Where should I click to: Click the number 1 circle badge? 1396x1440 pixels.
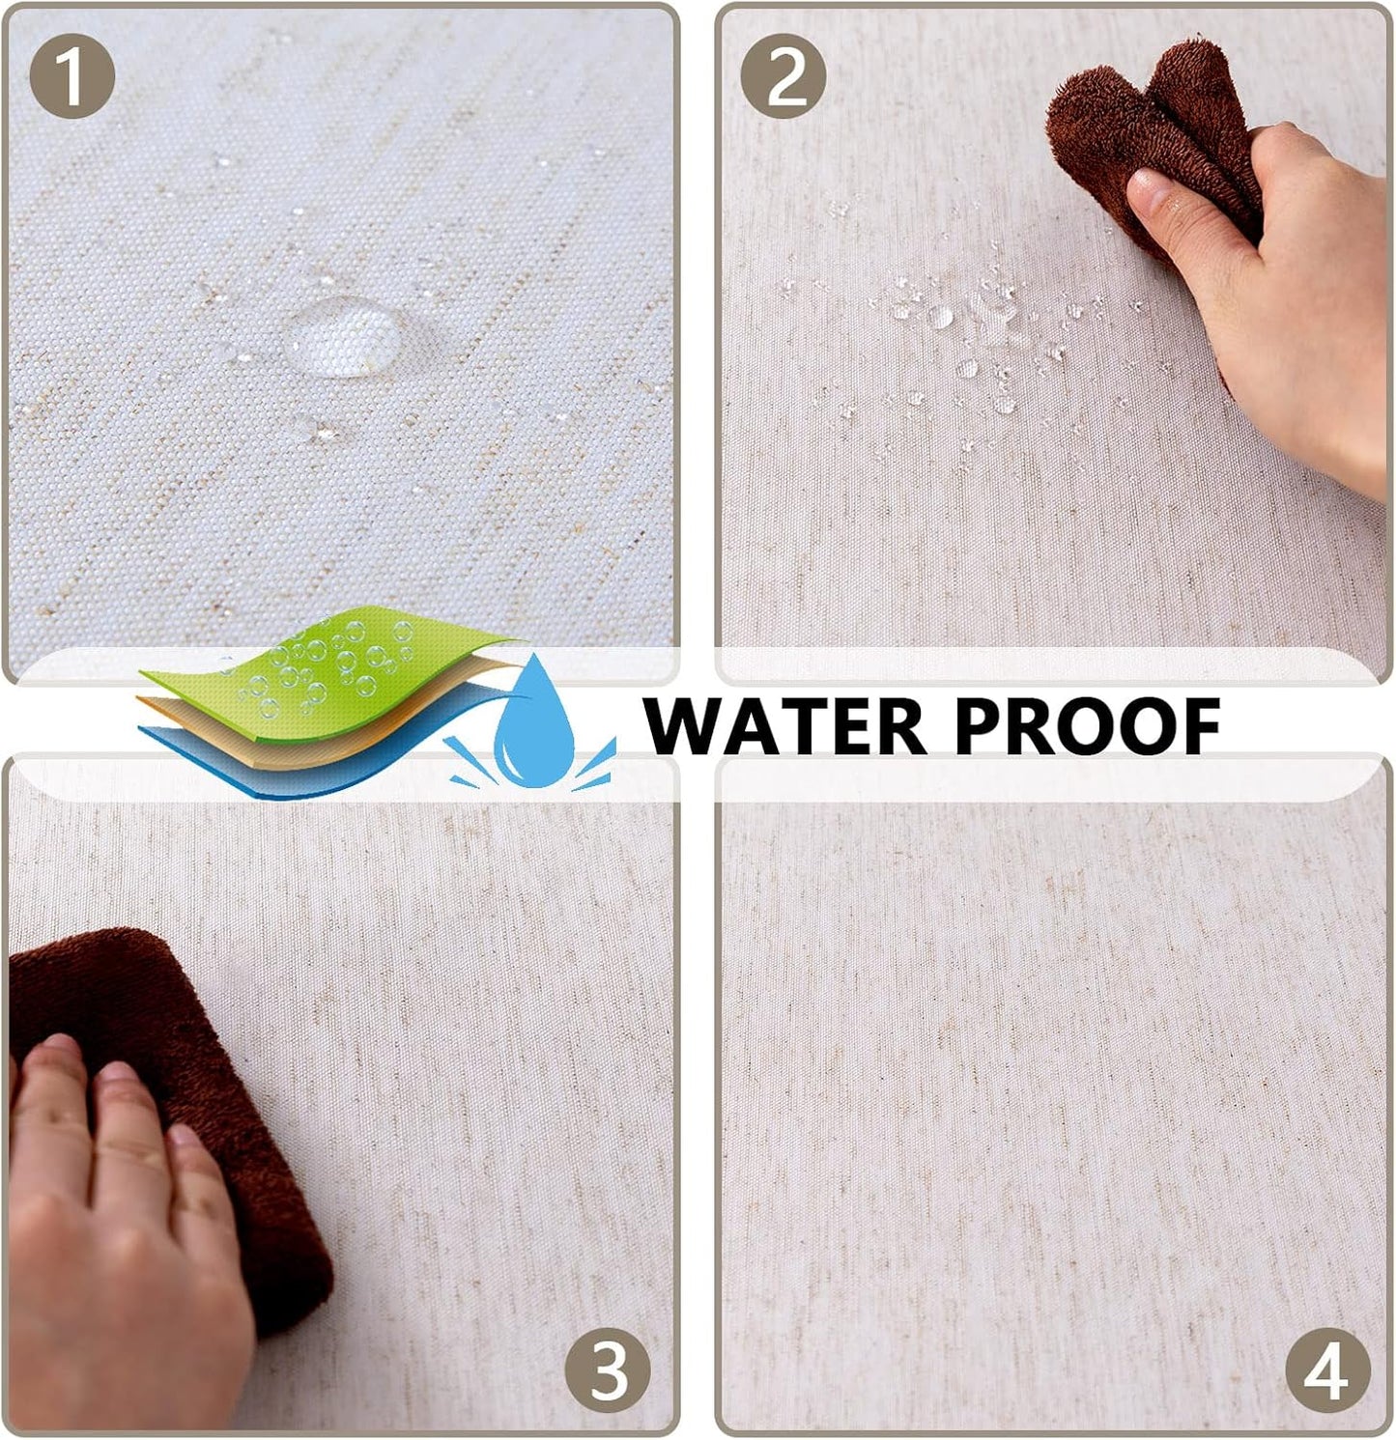click(x=72, y=76)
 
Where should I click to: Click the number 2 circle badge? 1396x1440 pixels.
click(x=783, y=76)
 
